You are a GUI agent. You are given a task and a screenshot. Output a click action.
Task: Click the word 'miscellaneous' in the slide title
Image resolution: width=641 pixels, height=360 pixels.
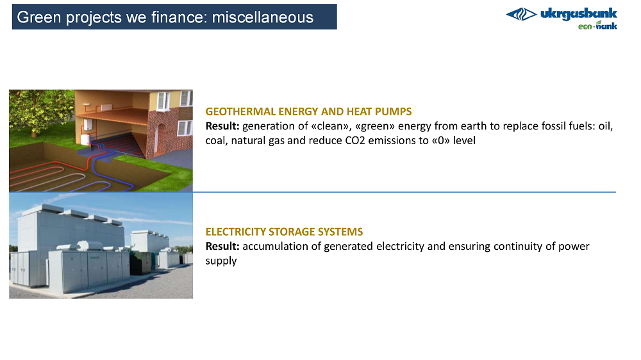(x=262, y=17)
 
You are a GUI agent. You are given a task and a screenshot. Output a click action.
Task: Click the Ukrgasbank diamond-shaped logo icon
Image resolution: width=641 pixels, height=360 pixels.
(x=521, y=15)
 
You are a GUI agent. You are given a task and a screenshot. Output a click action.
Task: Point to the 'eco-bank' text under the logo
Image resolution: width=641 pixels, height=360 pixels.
(x=597, y=26)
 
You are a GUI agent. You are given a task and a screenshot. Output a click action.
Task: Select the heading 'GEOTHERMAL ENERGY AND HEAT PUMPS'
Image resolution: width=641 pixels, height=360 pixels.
(x=308, y=111)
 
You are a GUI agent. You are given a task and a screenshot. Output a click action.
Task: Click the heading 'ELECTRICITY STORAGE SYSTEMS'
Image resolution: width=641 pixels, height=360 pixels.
(x=284, y=232)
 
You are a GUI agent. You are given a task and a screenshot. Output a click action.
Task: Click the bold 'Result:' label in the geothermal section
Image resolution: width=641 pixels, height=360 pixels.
(x=222, y=126)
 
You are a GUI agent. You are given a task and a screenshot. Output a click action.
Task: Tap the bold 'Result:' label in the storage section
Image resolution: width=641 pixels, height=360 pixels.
(x=222, y=246)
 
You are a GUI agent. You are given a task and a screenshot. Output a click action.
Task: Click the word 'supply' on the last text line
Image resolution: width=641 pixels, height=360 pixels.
(x=221, y=261)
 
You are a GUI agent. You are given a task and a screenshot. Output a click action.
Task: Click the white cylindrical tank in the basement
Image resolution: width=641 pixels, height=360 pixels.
(x=85, y=139)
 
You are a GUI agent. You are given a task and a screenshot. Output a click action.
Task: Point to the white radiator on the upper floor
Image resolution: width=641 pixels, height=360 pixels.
(x=106, y=107)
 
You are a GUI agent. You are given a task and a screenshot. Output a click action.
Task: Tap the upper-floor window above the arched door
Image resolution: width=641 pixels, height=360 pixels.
(x=163, y=101)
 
